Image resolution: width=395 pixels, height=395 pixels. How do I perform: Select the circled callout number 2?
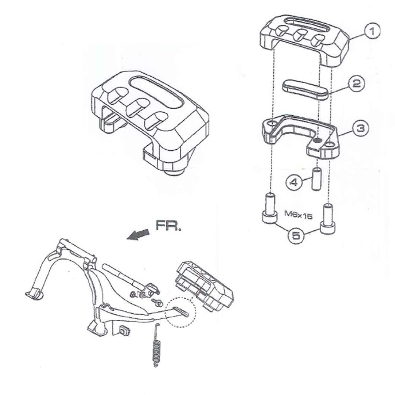coord(357,84)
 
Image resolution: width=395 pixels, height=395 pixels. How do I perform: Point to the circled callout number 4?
coord(293,182)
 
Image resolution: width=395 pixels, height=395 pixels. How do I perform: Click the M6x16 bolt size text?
coord(298,215)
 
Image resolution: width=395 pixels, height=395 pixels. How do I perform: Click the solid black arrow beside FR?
coord(138,235)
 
